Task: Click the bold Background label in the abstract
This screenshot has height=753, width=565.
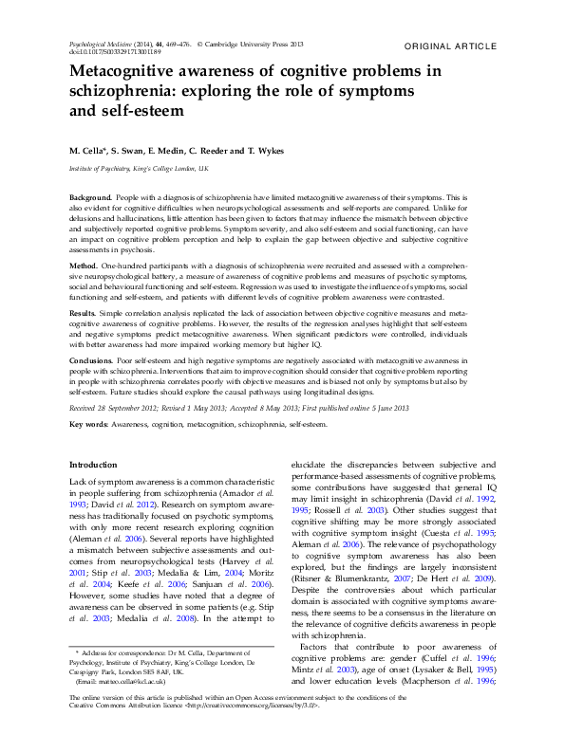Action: [x=90, y=196]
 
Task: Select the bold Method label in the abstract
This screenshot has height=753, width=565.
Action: [x=84, y=269]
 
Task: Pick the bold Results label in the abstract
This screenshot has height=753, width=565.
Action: [x=83, y=312]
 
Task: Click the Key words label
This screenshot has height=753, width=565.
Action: [x=89, y=425]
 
